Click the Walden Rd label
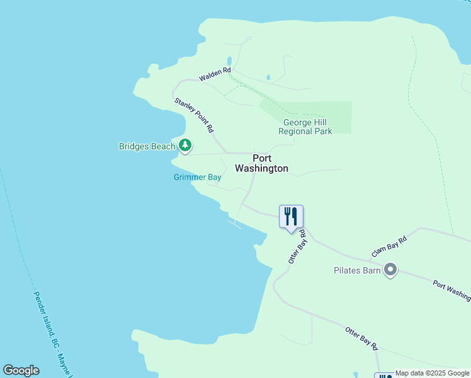click(215, 74)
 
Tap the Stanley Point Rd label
click(193, 115)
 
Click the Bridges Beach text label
click(147, 147)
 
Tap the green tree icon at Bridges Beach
click(184, 146)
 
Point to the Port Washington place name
click(261, 163)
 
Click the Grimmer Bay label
click(198, 178)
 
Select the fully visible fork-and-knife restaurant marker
click(291, 217)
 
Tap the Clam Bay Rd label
click(389, 246)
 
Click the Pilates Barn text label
click(357, 271)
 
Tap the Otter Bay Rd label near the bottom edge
click(361, 338)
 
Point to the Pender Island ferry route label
click(53, 334)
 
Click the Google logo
click(21, 370)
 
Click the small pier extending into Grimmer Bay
click(234, 223)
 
